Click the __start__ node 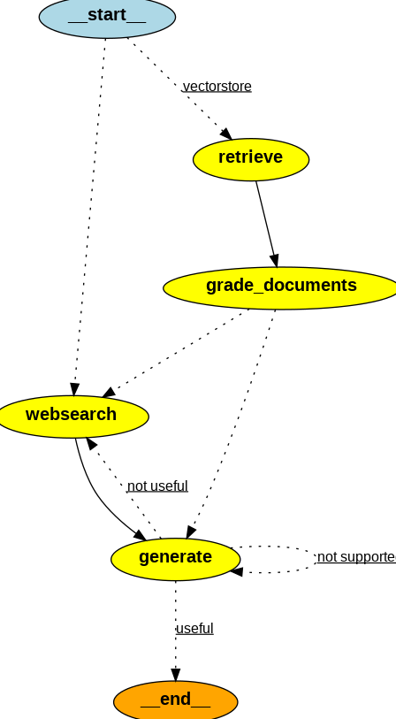tap(107, 16)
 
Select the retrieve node tap(251, 159)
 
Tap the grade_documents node tap(281, 287)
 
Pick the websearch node tap(72, 416)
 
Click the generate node tap(175, 558)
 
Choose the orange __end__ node tap(175, 700)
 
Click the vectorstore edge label tap(217, 86)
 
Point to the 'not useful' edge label tap(157, 486)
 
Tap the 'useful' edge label tap(194, 628)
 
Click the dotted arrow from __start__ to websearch tap(89, 212)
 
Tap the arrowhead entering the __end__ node tap(175, 675)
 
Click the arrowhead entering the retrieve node tap(226, 134)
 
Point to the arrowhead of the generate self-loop tap(236, 571)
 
